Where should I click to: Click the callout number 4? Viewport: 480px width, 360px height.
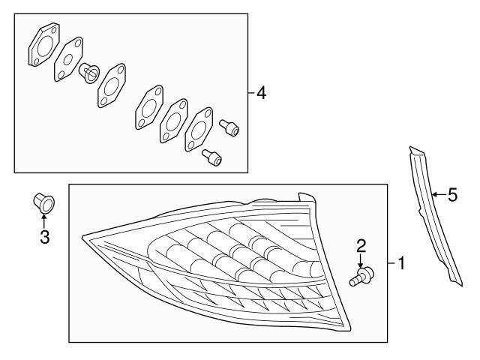coord(262,93)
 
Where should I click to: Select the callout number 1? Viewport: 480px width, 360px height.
coord(400,263)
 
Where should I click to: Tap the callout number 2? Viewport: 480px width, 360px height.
coord(361,247)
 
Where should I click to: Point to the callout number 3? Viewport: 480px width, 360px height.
coord(45,237)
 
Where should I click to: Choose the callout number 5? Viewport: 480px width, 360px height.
coord(452,195)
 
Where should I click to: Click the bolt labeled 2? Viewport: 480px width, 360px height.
coord(361,276)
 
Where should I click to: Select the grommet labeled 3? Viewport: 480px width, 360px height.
coord(43,203)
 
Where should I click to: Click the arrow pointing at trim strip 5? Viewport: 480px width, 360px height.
coord(439,194)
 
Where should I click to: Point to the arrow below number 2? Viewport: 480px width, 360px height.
coord(361,260)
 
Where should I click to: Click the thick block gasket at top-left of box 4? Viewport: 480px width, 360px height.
coord(44,45)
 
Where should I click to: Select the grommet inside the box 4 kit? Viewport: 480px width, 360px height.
coord(89,73)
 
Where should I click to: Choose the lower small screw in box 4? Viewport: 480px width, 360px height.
coord(211,157)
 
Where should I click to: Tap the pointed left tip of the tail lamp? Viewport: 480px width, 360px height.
coord(82,237)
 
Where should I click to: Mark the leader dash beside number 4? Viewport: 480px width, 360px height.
coord(251,92)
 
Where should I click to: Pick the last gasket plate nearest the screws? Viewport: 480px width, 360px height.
coord(199,130)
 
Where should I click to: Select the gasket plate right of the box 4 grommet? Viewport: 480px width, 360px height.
coord(112,85)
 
